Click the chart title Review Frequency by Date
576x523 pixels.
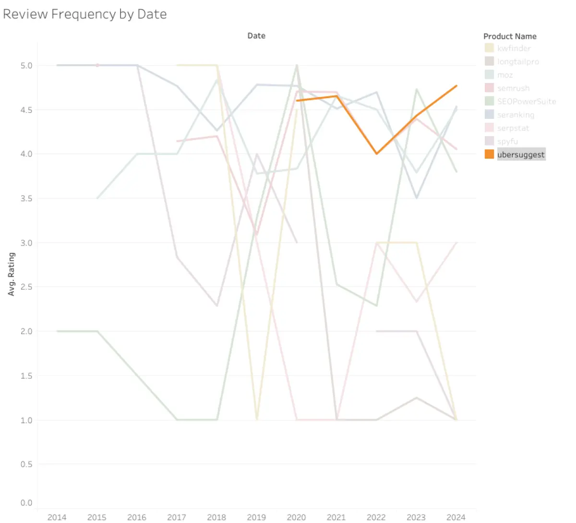pos(85,14)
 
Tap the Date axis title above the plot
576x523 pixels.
pos(256,36)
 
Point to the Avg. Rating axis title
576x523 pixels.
pos(12,274)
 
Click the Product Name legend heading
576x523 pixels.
pos(510,36)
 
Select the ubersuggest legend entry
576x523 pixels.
pos(521,155)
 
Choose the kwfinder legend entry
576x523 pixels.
pos(514,48)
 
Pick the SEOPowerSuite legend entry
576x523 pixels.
pos(527,102)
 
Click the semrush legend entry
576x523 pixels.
pos(513,88)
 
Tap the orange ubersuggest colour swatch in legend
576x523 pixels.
pos(489,154)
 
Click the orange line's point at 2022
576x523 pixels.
pos(377,153)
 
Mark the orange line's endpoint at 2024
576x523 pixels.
pos(456,86)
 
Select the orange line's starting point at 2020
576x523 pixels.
pos(297,101)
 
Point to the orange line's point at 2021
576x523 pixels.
pos(336,96)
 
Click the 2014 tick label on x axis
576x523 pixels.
pos(57,517)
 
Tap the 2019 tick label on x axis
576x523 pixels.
pos(256,517)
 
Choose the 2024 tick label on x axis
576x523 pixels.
pos(456,517)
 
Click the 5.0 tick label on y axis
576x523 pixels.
pos(26,66)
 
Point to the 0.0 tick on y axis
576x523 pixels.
pos(26,503)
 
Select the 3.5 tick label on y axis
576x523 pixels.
pos(26,198)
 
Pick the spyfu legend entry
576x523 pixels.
pos(507,141)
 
